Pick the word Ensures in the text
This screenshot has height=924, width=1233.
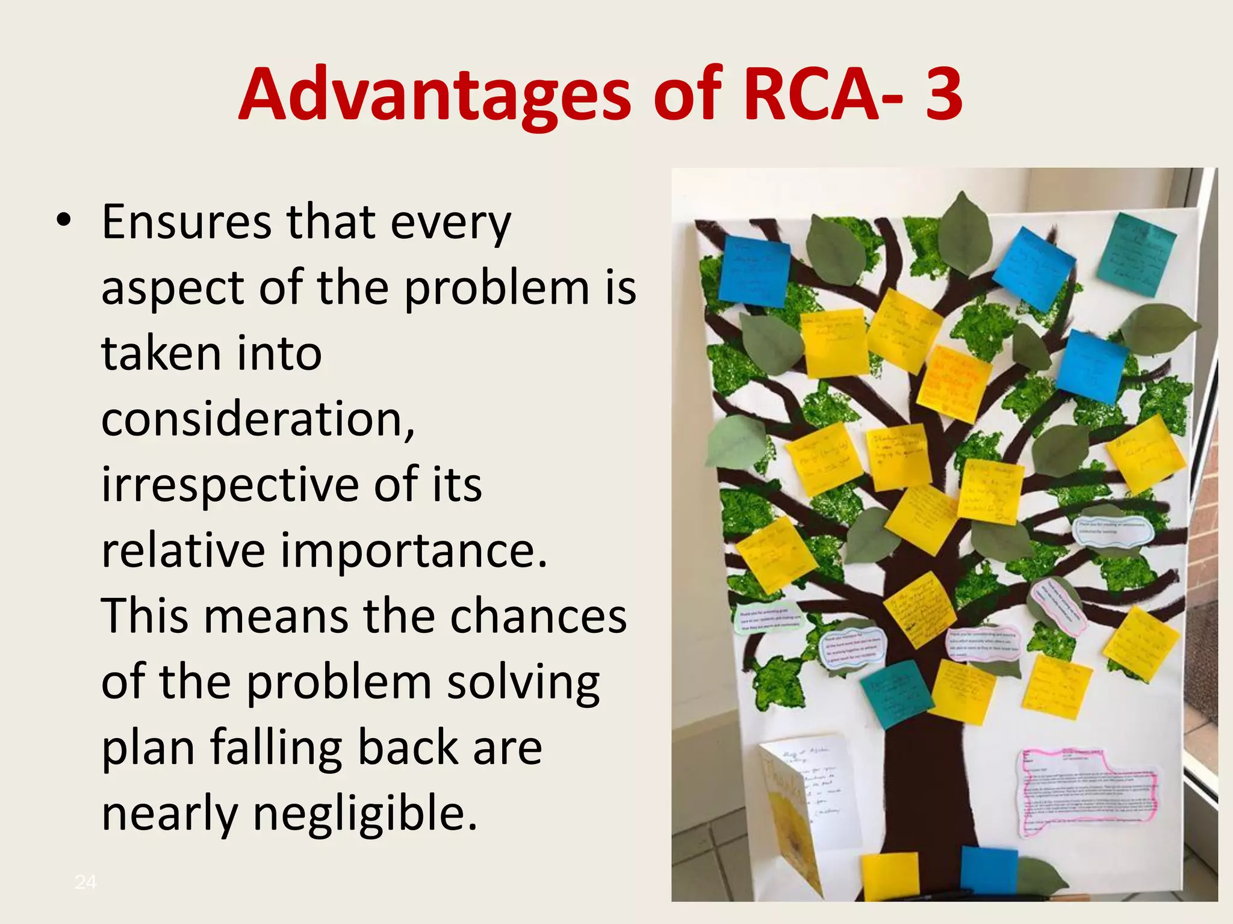pos(187,223)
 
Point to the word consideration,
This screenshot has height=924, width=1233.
pos(258,419)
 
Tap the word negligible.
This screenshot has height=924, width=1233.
pos(365,813)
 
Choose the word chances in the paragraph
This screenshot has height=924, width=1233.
pos(538,616)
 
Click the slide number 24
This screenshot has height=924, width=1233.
pos(85,882)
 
